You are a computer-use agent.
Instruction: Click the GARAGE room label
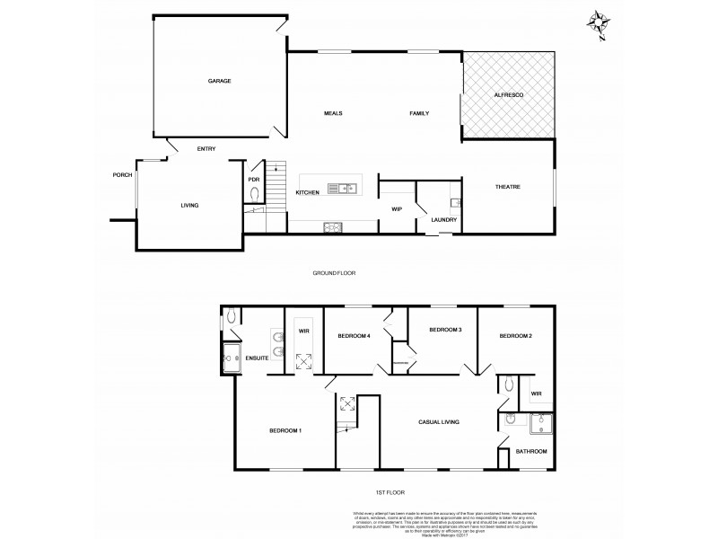coord(220,81)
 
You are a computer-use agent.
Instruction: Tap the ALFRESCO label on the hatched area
coord(509,94)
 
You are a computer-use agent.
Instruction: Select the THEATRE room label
coord(508,187)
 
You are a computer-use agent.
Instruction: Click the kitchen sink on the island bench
coord(342,189)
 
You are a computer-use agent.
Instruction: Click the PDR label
coord(254,179)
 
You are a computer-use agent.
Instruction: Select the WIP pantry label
coord(396,209)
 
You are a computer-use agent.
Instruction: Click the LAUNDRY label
coord(444,220)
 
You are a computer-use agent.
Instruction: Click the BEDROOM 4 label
coord(354,336)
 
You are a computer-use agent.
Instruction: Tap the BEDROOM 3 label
coord(445,331)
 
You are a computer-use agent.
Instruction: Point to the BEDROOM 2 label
coord(516,336)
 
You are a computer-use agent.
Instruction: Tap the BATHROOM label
coord(529,451)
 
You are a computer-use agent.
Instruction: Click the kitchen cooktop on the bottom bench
coord(331,226)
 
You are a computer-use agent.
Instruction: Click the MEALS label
coord(334,113)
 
